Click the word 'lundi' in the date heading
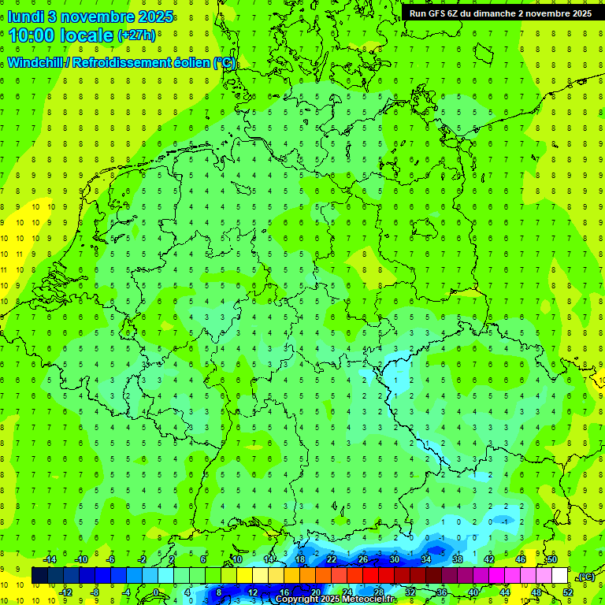(x=25, y=16)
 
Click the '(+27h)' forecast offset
(x=136, y=35)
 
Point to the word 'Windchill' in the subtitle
(x=37, y=62)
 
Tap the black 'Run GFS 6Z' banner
(x=500, y=13)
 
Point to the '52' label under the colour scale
(x=567, y=592)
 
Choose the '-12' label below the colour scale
(x=65, y=592)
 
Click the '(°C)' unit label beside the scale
(x=585, y=577)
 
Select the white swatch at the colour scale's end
(x=559, y=576)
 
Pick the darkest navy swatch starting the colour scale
(x=39, y=576)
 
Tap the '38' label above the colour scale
(x=457, y=559)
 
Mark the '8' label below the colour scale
(x=218, y=592)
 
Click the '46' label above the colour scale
(x=520, y=559)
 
